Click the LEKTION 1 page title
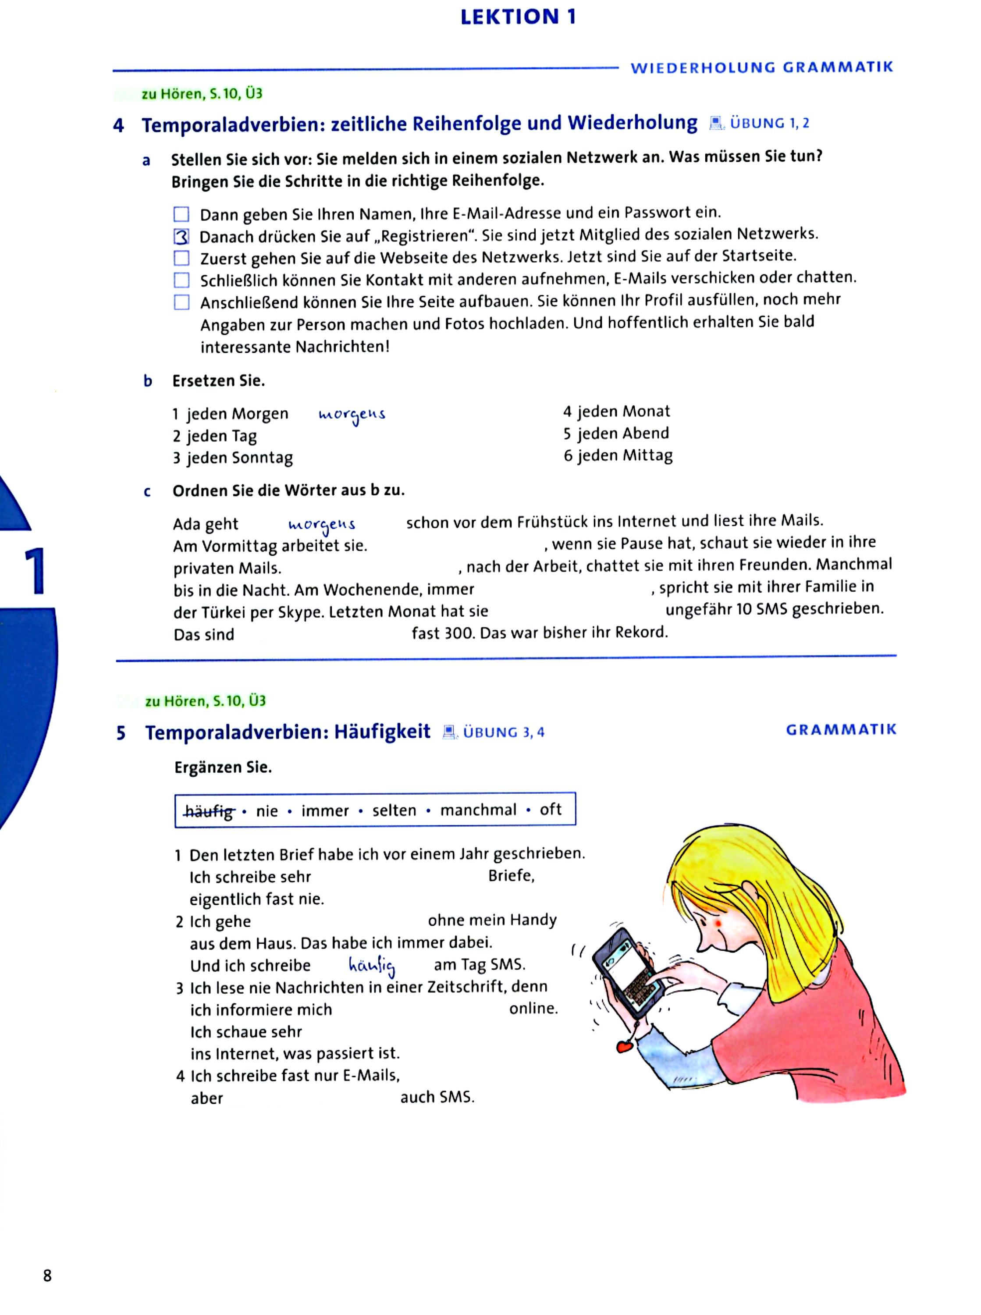(518, 17)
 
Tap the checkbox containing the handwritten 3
(181, 237)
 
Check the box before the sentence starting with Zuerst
(181, 258)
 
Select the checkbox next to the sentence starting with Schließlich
(181, 280)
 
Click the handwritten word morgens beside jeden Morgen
(352, 414)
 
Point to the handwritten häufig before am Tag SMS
(372, 966)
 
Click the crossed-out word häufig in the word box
(209, 811)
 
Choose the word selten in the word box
(395, 811)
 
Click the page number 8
(47, 1275)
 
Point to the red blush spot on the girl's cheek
(720, 925)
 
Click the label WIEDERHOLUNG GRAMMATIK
(761, 67)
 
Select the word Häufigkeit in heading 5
(382, 732)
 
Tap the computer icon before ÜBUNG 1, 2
(717, 124)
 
